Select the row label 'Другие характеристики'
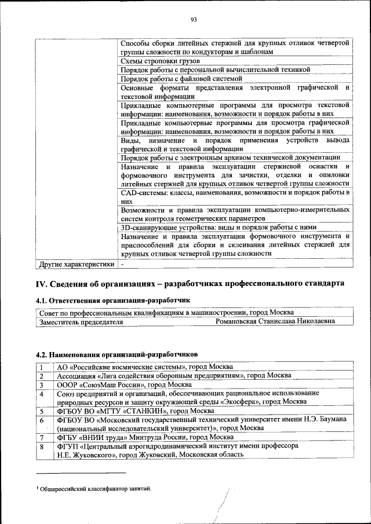click(76, 265)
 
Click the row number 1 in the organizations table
click(42, 367)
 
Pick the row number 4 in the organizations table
click(42, 394)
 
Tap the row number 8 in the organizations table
click(42, 446)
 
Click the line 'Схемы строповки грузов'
click(161, 61)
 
